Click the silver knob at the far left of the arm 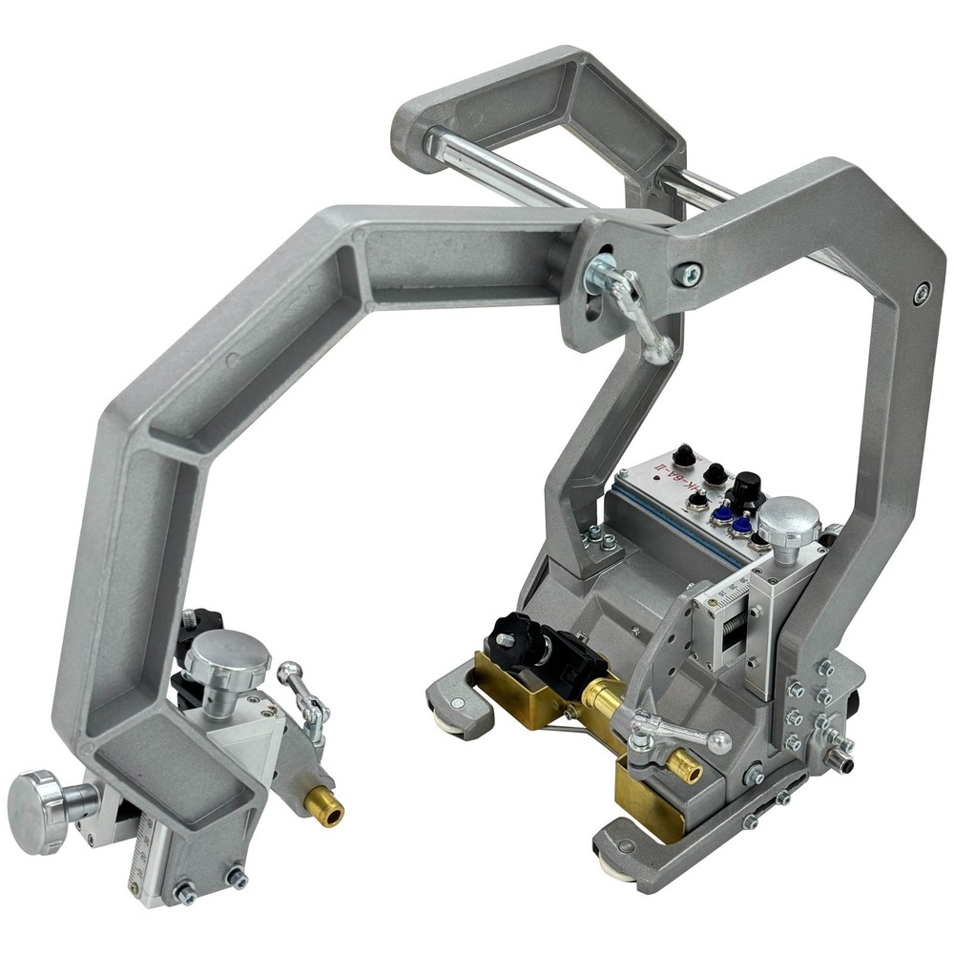tap(36, 810)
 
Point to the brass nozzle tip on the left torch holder tap(330, 814)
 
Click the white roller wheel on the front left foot tap(448, 721)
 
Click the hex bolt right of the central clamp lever tap(687, 274)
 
